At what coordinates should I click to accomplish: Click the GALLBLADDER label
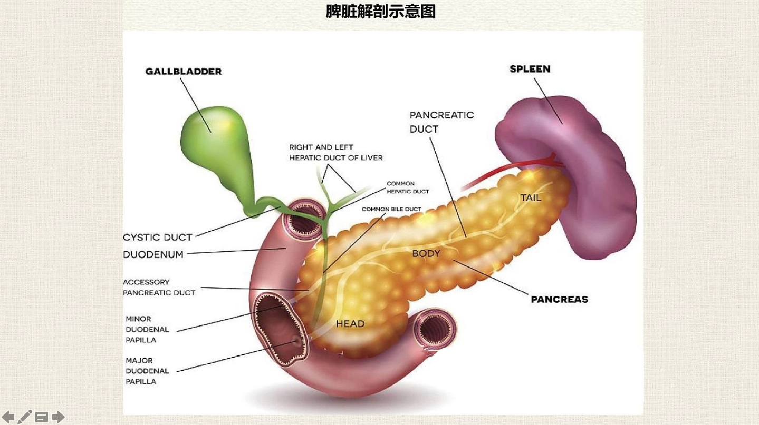point(183,71)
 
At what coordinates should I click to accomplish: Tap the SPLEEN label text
point(530,69)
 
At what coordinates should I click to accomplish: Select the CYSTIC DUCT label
point(157,237)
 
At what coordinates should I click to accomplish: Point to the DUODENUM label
point(153,254)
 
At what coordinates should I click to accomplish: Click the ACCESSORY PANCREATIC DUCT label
point(159,288)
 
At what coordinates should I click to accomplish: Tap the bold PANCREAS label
point(559,299)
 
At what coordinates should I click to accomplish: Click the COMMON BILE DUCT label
point(391,209)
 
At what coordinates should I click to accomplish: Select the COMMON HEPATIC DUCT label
point(408,187)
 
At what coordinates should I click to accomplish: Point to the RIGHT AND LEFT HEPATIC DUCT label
point(335,152)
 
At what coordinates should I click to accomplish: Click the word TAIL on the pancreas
point(531,198)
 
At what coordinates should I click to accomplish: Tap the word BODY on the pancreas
point(426,253)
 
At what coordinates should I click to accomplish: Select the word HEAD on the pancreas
point(350,323)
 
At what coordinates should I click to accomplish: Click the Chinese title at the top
point(380,11)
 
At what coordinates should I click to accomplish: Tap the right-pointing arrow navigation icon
point(58,417)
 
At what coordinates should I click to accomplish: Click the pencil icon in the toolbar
point(25,417)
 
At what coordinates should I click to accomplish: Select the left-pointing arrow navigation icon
point(8,417)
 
